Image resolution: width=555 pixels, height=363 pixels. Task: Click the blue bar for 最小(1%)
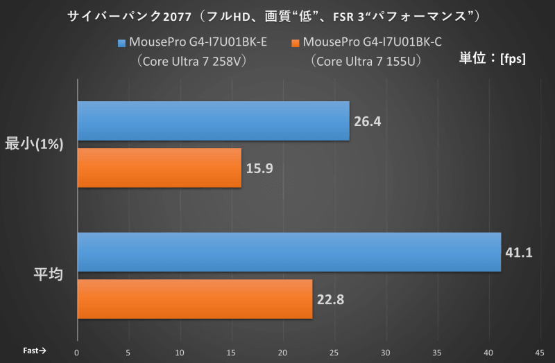[213, 121]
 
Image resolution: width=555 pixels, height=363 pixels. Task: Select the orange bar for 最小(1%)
[159, 168]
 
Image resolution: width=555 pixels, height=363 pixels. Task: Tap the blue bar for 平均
[289, 252]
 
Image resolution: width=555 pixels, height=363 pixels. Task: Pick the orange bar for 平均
[194, 299]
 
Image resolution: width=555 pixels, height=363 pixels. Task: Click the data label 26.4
[368, 121]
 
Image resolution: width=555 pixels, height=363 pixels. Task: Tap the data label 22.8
[330, 299]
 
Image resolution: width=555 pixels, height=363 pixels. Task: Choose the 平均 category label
[49, 274]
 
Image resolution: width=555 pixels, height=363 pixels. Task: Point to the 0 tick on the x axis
[77, 351]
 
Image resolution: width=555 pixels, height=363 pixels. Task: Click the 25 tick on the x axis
[334, 351]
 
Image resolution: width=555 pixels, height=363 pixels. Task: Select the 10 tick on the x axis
[180, 351]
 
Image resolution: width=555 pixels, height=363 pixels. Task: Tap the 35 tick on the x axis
[436, 351]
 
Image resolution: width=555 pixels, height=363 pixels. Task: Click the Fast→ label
[34, 351]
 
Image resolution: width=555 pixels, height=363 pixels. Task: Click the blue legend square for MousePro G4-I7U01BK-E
[122, 43]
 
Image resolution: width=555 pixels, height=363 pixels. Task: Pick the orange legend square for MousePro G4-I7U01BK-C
[296, 43]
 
